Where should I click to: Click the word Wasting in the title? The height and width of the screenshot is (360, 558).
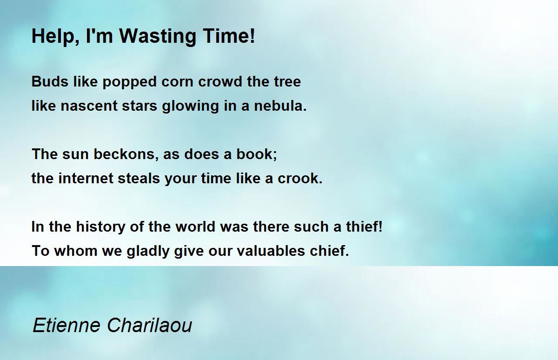click(158, 37)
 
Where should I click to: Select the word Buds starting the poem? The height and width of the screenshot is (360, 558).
click(50, 81)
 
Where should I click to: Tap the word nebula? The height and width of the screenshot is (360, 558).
click(280, 106)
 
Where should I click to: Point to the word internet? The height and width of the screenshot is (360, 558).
click(86, 179)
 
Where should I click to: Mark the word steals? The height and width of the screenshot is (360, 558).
click(139, 179)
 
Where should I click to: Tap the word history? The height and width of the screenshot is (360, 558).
click(100, 227)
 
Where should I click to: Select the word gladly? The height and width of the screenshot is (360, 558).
click(148, 251)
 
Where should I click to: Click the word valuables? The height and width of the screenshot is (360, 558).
click(271, 251)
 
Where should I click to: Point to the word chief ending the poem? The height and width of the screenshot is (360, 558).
click(329, 251)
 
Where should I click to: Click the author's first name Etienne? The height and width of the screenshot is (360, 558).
click(66, 325)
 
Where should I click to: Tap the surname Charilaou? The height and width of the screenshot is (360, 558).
click(150, 325)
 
